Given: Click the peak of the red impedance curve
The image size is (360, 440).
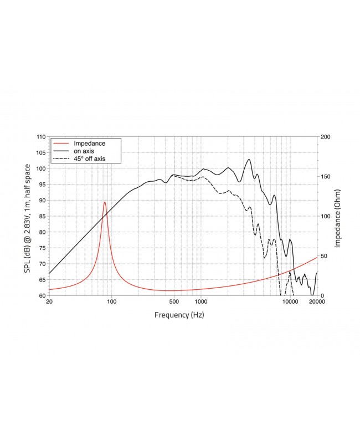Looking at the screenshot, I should pos(105,202).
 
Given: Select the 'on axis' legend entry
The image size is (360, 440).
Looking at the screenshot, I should pos(85,151).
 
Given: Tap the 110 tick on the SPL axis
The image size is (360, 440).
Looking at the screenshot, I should pos(40,137).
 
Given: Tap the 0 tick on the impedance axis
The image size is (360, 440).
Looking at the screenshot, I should pos(323,295).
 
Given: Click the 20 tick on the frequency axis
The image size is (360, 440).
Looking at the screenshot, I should pos(49,303).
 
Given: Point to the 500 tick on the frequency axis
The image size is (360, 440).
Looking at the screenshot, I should pos(174,303).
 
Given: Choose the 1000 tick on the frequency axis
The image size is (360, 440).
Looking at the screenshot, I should pos(200,303).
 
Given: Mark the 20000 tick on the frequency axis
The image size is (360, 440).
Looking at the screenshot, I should pos(316,303).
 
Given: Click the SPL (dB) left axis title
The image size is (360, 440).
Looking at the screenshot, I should pos(26,216).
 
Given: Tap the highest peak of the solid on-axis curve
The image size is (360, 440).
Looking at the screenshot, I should pos(249,160).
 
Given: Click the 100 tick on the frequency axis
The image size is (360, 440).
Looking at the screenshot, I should pos(111,303).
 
